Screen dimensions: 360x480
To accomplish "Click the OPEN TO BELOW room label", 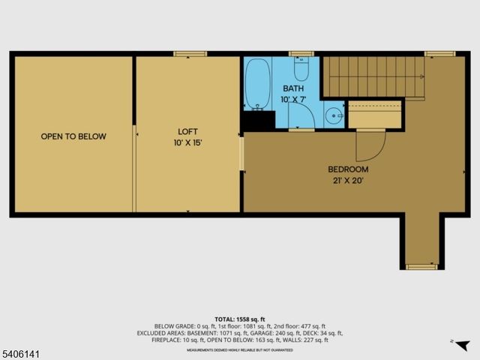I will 73,136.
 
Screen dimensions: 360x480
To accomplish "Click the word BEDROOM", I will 349,169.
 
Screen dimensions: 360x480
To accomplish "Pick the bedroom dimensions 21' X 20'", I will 349,180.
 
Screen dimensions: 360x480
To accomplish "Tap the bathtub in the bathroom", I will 256,84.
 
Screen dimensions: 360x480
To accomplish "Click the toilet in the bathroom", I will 301,69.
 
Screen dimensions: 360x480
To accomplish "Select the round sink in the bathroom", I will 334,115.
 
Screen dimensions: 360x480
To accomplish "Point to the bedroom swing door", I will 370,145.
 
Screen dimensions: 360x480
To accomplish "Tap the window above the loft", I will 185,53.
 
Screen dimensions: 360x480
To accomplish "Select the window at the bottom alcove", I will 421,267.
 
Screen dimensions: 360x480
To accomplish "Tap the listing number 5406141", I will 22,350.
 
